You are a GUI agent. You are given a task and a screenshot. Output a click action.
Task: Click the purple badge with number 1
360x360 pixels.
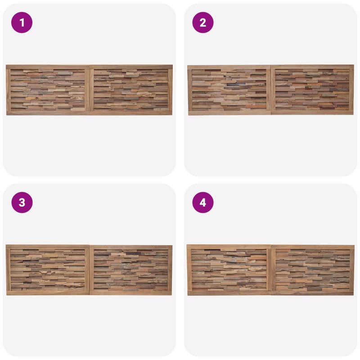pyautogui.click(x=22, y=22)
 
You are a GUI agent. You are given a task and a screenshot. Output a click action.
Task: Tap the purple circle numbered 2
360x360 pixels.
pyautogui.click(x=203, y=22)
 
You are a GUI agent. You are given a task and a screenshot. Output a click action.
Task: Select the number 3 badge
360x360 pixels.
pyautogui.click(x=22, y=202)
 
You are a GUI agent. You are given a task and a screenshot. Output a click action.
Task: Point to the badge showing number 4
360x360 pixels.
pyautogui.click(x=203, y=202)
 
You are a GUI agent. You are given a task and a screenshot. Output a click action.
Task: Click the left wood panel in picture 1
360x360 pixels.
pyautogui.click(x=48, y=90)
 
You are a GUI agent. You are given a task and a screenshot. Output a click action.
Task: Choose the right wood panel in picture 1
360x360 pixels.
pyautogui.click(x=131, y=90)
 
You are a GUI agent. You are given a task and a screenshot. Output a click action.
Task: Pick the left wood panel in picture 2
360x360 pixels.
pyautogui.click(x=229, y=90)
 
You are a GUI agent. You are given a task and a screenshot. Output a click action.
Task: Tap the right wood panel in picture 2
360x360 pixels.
pyautogui.click(x=312, y=90)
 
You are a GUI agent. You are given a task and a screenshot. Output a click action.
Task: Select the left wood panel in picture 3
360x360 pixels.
pyautogui.click(x=48, y=270)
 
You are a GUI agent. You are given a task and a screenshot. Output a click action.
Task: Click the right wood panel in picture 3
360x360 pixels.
pyautogui.click(x=131, y=270)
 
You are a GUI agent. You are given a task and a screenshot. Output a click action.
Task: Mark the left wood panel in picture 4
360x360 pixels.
pyautogui.click(x=229, y=270)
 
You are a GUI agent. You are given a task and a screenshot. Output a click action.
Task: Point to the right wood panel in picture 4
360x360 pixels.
pyautogui.click(x=313, y=270)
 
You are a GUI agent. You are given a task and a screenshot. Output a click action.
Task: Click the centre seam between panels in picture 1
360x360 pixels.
pyautogui.click(x=89, y=90)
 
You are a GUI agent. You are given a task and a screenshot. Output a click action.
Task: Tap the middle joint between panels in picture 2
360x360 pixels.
pyautogui.click(x=271, y=90)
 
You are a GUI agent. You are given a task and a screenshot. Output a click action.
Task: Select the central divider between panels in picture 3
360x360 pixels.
pyautogui.click(x=89, y=270)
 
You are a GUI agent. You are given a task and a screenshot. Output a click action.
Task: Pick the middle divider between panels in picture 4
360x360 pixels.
pyautogui.click(x=271, y=270)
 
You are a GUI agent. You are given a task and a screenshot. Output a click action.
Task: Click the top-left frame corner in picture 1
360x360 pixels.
pyautogui.click(x=6, y=65)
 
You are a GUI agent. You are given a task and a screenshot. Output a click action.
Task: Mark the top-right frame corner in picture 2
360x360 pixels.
pyautogui.click(x=354, y=65)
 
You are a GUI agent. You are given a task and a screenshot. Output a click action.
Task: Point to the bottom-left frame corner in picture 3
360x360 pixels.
pyautogui.click(x=6, y=295)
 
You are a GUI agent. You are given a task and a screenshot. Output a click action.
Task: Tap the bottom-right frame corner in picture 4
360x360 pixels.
pyautogui.click(x=354, y=295)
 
